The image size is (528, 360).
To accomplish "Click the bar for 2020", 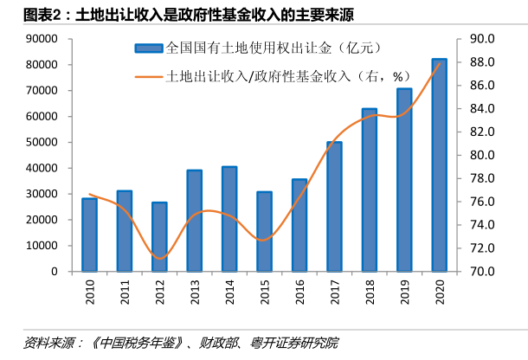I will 440,165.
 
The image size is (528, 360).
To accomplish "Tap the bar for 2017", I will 334,207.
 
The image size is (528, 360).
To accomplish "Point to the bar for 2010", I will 89,235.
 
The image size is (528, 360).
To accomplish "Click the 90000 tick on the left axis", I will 42,39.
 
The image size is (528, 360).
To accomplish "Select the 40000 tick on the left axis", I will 42,168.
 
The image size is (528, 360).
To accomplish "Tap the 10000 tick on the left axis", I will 42,246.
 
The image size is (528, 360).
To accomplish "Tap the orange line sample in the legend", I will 148,76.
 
